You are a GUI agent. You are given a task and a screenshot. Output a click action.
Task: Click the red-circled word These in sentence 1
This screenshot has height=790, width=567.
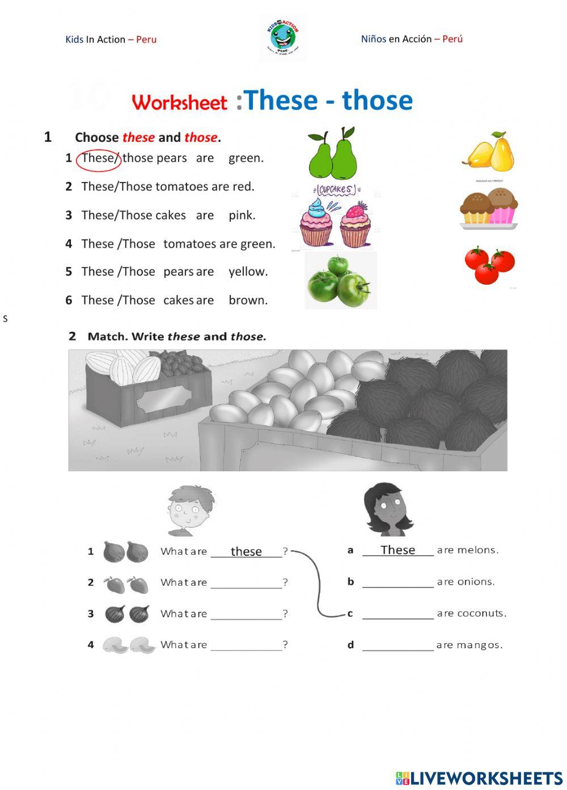[98, 158]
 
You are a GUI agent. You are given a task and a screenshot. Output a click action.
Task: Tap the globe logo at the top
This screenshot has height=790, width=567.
[282, 38]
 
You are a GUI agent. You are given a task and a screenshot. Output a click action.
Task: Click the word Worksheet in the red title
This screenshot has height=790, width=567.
[179, 103]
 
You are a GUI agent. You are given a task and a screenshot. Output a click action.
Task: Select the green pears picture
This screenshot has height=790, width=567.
[333, 154]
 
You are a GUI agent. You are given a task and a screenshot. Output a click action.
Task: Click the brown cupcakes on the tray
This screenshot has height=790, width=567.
[489, 208]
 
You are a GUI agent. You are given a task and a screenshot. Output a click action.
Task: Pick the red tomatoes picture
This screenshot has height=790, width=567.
[489, 265]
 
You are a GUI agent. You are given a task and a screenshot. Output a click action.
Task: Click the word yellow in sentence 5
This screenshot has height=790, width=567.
[248, 272]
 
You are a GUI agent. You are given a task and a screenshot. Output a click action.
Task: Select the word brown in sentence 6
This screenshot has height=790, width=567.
[248, 300]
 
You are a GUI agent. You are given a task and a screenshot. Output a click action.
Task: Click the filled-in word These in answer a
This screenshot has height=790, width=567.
[397, 550]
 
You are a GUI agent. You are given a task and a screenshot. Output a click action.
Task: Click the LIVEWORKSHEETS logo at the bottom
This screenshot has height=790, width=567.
[479, 778]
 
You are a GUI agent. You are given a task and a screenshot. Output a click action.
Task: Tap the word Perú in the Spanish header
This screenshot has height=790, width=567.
[452, 39]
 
